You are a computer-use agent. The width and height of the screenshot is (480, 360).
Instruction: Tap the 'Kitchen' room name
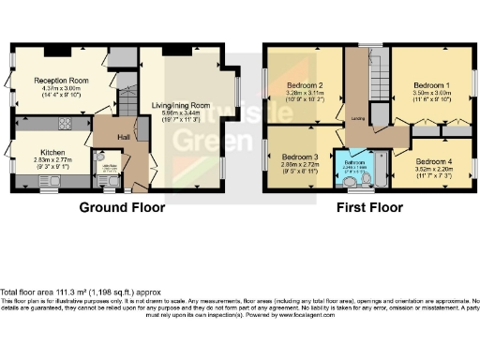tap(52, 151)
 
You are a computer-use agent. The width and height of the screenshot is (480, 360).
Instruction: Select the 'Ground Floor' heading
tap(121, 207)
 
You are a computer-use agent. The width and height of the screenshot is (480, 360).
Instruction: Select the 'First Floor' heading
tap(370, 207)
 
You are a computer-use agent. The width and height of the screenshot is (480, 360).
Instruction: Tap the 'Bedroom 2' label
tap(305, 85)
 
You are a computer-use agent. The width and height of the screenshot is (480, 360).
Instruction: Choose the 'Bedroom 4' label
tap(434, 160)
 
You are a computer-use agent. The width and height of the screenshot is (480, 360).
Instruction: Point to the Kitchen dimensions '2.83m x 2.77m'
tap(52, 160)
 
